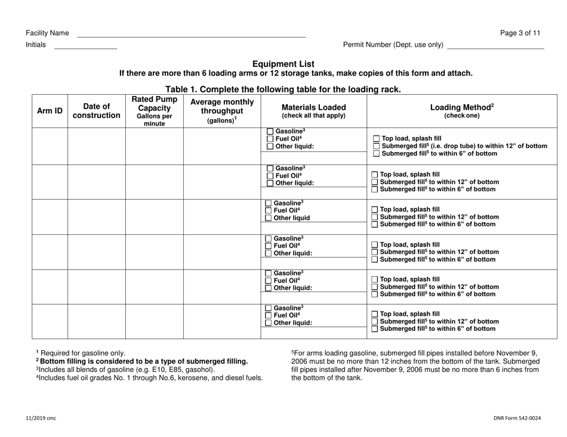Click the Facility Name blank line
191,35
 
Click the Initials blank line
85,47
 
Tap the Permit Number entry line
495,47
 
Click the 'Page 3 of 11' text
520,33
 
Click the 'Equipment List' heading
283,64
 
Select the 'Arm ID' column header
50,110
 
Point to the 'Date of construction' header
96,110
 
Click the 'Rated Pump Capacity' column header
154,111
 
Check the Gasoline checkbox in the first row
270,131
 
